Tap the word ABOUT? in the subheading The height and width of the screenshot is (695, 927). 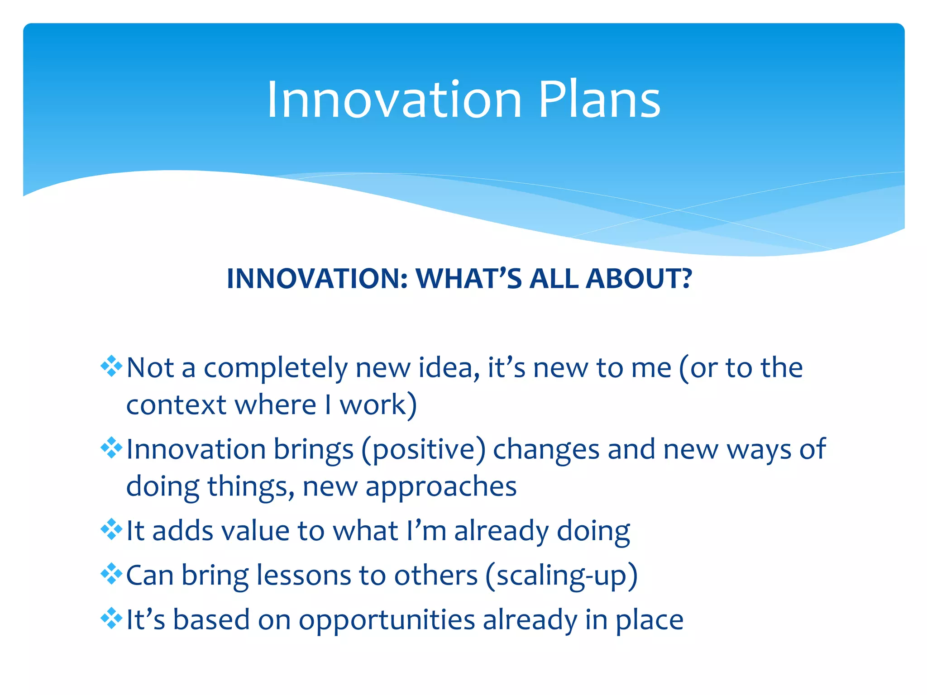coord(639,278)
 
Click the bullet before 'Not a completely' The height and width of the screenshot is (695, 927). coord(111,367)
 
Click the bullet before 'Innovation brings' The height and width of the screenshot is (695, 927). coord(111,448)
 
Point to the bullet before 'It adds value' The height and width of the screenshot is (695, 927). coord(111,529)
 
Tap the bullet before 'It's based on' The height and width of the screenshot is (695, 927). coord(111,619)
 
